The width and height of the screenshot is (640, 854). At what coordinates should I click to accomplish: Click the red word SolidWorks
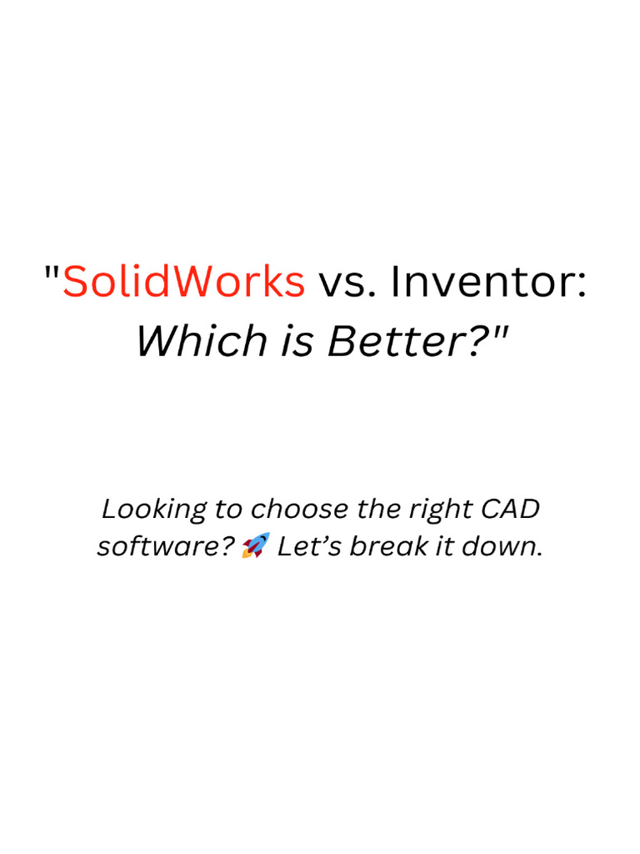184,282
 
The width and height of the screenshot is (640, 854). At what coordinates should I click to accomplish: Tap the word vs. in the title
344,282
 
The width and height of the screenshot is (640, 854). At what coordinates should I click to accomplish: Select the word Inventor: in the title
489,282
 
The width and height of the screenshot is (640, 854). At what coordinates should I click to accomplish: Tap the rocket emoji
256,546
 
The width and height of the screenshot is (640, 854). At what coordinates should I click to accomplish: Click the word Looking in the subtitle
141,508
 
